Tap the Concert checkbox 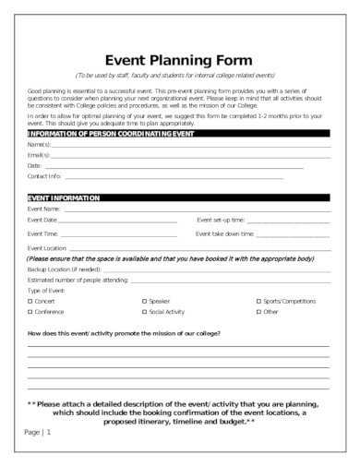(x=30, y=301)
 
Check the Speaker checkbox (x=144, y=301)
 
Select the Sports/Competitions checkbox (x=258, y=301)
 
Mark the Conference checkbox (x=30, y=312)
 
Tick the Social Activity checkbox (x=144, y=312)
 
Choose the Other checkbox (x=258, y=312)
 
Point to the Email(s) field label (x=38, y=155)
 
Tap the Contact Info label (x=44, y=175)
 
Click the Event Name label (x=44, y=209)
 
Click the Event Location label (x=47, y=249)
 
